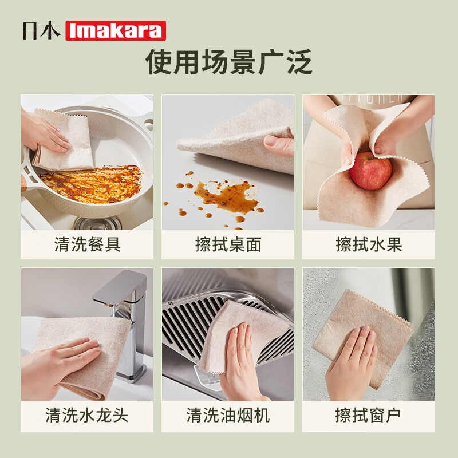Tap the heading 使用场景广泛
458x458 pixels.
(229, 62)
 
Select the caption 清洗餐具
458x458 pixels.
(87, 245)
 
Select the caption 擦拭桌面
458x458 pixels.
(228, 245)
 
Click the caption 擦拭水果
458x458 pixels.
(369, 245)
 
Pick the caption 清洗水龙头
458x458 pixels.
(87, 415)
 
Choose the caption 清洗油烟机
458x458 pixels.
(228, 415)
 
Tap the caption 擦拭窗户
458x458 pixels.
(369, 415)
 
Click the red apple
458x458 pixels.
(370, 171)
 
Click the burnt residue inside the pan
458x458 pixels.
(92, 183)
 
